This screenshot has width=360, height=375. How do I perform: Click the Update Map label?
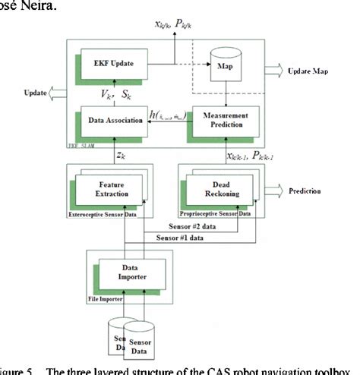coord(311,71)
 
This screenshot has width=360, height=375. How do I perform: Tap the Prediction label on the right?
coord(309,192)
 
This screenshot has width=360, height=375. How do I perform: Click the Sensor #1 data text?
coord(180,238)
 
